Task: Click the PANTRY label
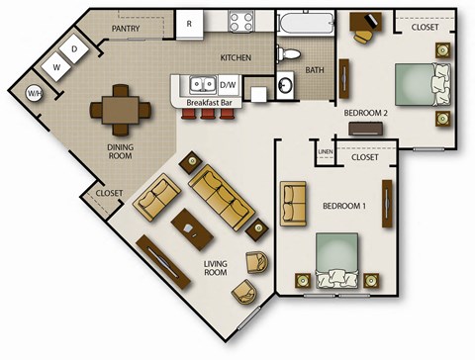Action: [126, 29]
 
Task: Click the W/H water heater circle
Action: [35, 94]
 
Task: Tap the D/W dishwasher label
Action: [228, 85]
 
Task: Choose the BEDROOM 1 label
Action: [344, 206]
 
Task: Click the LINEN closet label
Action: [326, 150]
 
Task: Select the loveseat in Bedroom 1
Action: [294, 203]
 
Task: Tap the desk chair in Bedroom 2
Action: [364, 35]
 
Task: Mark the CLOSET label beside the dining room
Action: [109, 193]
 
